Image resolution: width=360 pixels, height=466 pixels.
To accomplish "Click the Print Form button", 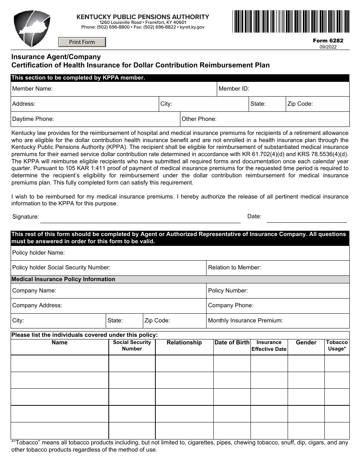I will [x=82, y=42].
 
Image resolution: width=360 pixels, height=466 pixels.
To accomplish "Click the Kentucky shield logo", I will [x=32, y=29].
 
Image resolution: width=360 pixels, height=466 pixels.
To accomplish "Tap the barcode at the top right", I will [x=291, y=22].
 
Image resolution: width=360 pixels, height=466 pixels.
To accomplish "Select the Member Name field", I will [x=133, y=89].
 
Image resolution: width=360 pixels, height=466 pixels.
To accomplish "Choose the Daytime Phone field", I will [x=116, y=119].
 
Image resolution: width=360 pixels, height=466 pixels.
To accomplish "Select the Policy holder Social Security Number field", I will [x=157, y=267].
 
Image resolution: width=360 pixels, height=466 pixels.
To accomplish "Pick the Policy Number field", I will [x=297, y=291].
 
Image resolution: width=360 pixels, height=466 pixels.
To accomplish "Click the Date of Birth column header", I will [x=232, y=342].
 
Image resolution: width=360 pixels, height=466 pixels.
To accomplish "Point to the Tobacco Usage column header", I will [x=337, y=346].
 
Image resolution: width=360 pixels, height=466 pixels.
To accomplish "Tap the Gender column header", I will [x=306, y=342].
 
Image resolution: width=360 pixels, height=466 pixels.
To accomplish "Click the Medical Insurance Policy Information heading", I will [x=63, y=279].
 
